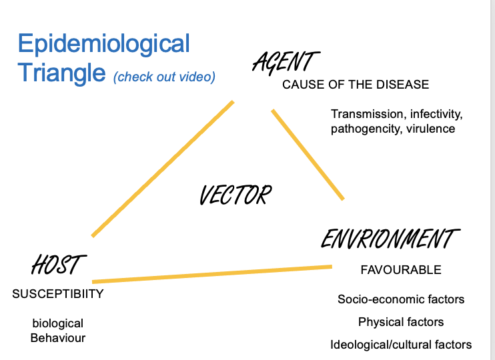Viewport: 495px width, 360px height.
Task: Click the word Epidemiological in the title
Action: click(103, 45)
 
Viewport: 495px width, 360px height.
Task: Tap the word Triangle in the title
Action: click(61, 72)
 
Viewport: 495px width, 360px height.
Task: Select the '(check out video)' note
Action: click(164, 77)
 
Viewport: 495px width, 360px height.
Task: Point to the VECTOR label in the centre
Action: click(235, 195)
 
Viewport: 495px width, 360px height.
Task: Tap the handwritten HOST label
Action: click(59, 265)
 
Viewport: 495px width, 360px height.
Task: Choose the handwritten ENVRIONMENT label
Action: click(390, 239)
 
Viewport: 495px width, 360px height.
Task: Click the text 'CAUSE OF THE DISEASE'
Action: click(356, 85)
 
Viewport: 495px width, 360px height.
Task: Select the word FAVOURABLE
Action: click(401, 270)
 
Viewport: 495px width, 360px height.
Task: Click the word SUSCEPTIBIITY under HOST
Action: click(58, 293)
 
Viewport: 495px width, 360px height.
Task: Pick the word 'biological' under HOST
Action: click(58, 323)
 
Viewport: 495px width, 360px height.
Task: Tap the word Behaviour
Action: click(58, 338)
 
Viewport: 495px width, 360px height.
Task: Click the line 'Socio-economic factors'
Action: click(401, 299)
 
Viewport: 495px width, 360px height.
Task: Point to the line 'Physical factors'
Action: click(401, 322)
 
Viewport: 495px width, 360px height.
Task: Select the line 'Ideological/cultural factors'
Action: click(401, 345)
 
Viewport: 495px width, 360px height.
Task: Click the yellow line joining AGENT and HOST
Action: click(163, 169)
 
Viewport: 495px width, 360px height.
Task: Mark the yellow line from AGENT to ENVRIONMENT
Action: click(308, 155)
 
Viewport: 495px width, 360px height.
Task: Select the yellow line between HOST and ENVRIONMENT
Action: click(212, 274)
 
